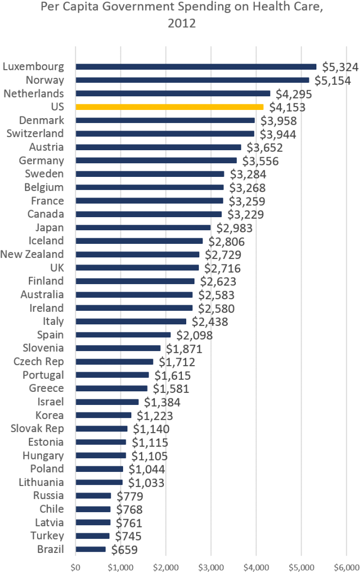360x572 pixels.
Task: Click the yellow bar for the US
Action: coord(169,107)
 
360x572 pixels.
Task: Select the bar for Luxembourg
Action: coord(196,67)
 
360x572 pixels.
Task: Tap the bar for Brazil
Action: coord(91,549)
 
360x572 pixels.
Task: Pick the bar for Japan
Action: coord(143,227)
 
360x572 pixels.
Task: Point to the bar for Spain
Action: coord(123,335)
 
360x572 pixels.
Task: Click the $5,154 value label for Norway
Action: coord(331,81)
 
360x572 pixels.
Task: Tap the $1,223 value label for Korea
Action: coord(155,415)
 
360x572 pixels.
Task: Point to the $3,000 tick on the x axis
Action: coord(211,567)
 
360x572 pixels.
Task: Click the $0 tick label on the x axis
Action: coord(76,567)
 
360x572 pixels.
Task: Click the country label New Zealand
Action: coord(32,254)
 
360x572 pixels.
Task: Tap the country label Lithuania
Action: coord(41,482)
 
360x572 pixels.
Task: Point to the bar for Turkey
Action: coord(93,536)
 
